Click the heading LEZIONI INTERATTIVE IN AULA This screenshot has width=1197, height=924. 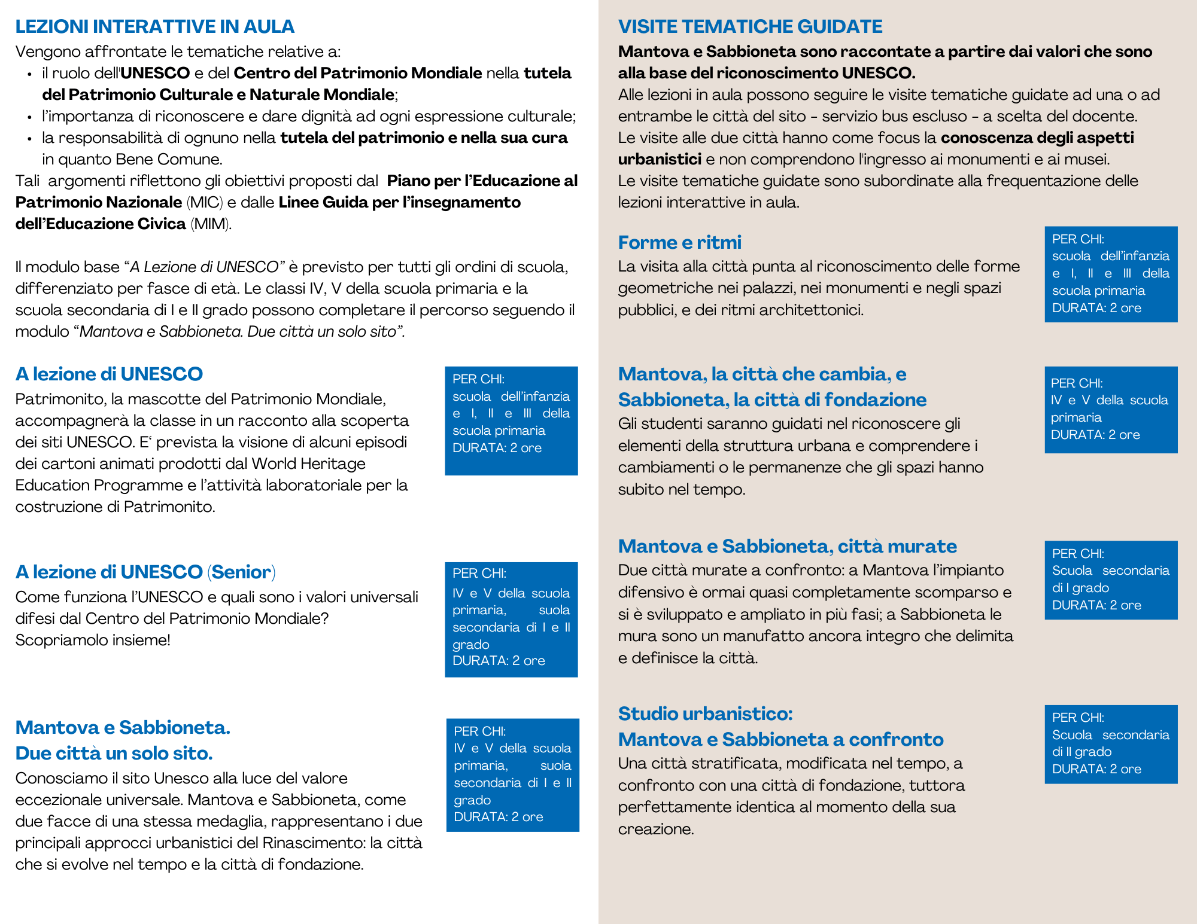click(x=154, y=27)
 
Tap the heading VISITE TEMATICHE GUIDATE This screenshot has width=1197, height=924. click(x=750, y=27)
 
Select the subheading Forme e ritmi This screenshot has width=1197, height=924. click(x=679, y=242)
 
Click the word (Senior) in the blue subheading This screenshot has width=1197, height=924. click(x=241, y=572)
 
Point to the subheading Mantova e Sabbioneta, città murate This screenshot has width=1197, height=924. click(x=787, y=546)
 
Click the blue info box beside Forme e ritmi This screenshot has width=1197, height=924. click(x=1111, y=274)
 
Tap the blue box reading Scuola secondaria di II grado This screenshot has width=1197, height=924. click(x=1111, y=744)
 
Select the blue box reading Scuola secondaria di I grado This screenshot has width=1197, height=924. click(x=1111, y=580)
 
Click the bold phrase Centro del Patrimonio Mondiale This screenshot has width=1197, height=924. click(x=357, y=74)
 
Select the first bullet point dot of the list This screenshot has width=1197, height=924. click(x=29, y=74)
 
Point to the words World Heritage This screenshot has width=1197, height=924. click(x=308, y=464)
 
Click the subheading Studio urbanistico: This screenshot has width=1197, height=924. click(x=705, y=713)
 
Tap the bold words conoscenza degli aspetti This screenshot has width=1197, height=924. click(x=1037, y=138)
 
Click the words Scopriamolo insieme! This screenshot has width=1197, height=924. click(x=93, y=641)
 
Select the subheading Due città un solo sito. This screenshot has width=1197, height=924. click(x=114, y=753)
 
